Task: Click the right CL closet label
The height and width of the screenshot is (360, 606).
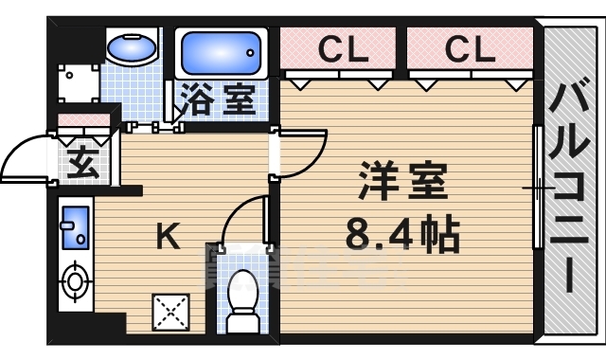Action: pyautogui.click(x=471, y=47)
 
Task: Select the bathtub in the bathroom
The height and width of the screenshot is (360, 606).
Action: pyautogui.click(x=220, y=53)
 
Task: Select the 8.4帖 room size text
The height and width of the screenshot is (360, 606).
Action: pyautogui.click(x=401, y=233)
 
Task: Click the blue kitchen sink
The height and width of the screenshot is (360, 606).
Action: pyautogui.click(x=74, y=227)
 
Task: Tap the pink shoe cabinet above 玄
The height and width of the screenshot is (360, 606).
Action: pyautogui.click(x=82, y=120)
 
